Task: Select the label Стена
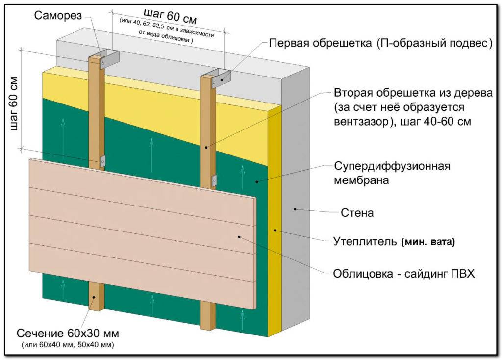point(357,213)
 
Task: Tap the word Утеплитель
point(364,241)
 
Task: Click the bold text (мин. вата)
point(428,242)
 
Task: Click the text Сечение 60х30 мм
point(68,334)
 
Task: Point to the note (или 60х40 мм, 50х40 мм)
point(68,345)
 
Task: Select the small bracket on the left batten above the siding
point(102,160)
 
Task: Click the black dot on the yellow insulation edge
point(276,229)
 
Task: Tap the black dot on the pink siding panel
point(240,236)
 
